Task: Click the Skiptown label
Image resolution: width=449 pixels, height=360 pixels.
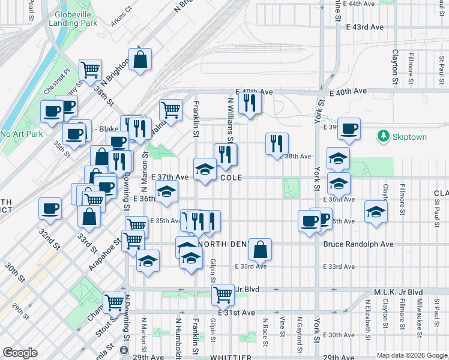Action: [410, 137]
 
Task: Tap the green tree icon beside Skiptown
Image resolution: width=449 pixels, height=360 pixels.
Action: [384, 136]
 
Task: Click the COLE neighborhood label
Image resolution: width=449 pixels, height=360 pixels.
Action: [231, 178]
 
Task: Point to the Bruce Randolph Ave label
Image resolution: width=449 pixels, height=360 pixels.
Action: [358, 244]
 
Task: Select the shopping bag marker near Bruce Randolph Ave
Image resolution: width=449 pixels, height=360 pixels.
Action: [261, 248]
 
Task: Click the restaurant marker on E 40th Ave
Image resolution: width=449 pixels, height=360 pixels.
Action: [250, 103]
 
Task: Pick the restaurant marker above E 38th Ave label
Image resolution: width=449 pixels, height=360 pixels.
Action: [277, 143]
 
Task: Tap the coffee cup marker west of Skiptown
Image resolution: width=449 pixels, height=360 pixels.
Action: [349, 128]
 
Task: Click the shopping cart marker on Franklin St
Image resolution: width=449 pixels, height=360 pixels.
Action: [171, 110]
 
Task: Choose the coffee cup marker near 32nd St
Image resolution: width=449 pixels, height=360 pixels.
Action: [50, 208]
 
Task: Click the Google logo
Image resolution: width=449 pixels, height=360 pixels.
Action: [20, 353]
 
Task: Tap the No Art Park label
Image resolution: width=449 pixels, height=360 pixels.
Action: [22, 134]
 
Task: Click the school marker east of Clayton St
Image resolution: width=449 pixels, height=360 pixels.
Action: [376, 211]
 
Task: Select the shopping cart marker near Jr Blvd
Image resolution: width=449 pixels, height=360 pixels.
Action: [223, 294]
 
